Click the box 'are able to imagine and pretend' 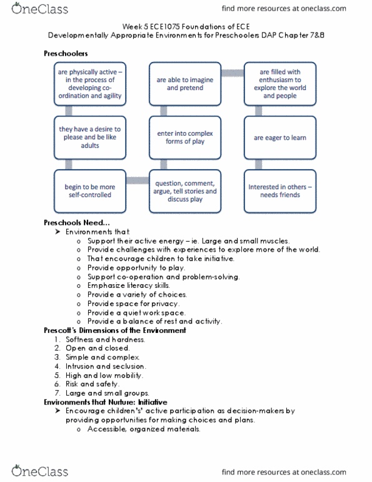click(186, 85)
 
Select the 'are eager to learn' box click(279, 138)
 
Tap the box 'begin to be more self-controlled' click(88, 190)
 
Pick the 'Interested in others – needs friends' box click(279, 190)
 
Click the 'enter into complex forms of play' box click(186, 138)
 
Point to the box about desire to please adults click(88, 138)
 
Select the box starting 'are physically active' click(88, 85)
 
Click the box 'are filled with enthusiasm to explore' click(279, 85)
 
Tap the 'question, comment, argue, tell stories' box click(186, 190)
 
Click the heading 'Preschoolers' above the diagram click(66, 54)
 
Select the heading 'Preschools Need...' click(77, 222)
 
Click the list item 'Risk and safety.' click(91, 384)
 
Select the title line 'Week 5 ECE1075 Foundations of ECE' click(186, 28)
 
